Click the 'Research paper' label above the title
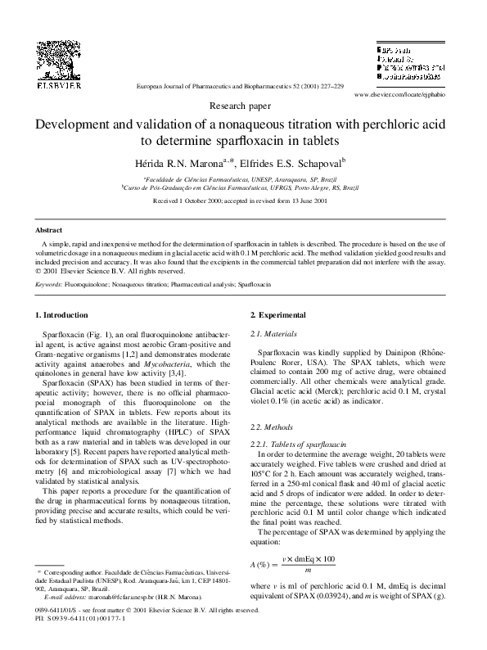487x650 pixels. click(243, 106)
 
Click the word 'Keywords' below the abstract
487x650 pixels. click(49, 284)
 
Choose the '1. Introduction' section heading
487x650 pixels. click(61, 315)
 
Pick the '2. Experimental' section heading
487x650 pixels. click(278, 315)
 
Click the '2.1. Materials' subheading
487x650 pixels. click(273, 335)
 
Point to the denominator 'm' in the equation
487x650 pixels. click(307, 570)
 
